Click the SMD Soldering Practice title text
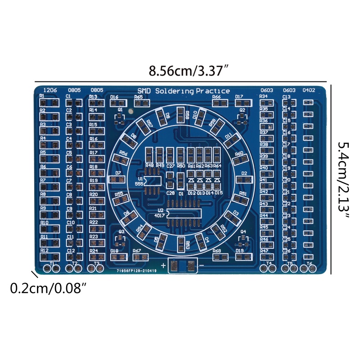[x=183, y=91]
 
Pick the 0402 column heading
[x=309, y=90]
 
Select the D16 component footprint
[x=118, y=103]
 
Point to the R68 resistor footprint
[x=221, y=257]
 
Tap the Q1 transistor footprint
[x=120, y=117]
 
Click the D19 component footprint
[x=243, y=257]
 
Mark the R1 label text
[x=42, y=96]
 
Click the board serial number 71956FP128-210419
[x=136, y=271]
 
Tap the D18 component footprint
[x=118, y=257]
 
